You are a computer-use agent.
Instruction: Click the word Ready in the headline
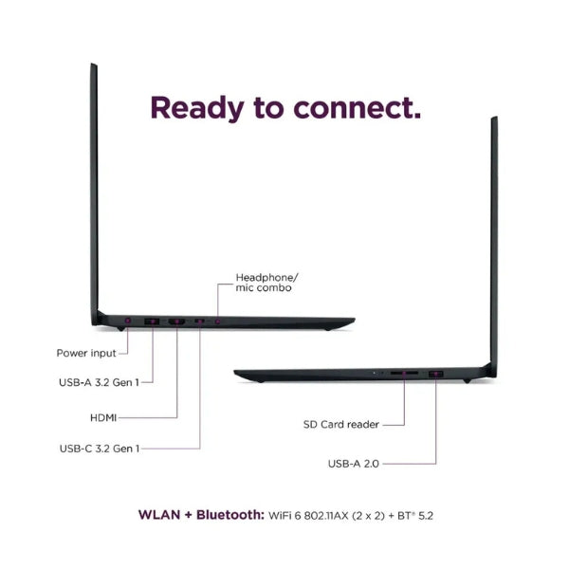tap(197, 108)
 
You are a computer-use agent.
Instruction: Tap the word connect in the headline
tap(357, 108)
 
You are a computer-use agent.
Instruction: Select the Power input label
tap(86, 353)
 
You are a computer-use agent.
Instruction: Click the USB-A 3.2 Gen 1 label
tap(99, 382)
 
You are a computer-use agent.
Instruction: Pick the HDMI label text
tap(103, 418)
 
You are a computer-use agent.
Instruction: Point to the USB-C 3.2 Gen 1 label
tap(100, 449)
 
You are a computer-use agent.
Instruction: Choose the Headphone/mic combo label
tap(266, 283)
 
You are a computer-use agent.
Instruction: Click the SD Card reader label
tap(341, 424)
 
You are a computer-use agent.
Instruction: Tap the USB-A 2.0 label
tap(354, 464)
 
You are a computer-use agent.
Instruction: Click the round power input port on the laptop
tap(128, 321)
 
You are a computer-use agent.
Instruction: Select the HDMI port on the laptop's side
tap(176, 321)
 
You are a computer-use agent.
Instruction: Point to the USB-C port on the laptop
tap(199, 321)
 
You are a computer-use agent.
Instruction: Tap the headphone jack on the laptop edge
tap(217, 321)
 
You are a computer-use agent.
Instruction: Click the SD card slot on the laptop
tap(404, 373)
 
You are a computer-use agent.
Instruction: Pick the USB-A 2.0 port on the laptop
tap(436, 374)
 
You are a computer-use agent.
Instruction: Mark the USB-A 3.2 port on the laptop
tap(152, 321)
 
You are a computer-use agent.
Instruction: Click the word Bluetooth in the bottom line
tap(230, 515)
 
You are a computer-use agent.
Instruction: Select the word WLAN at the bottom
tap(159, 515)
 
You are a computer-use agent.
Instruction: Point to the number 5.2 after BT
tap(426, 516)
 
